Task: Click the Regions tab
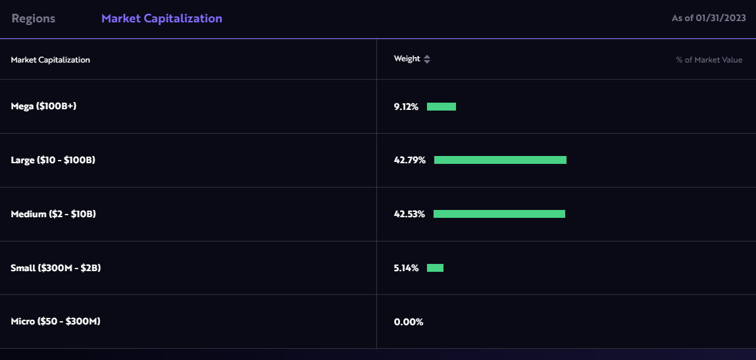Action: click(x=34, y=18)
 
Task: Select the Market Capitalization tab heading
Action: click(x=161, y=18)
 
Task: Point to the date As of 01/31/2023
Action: click(x=709, y=18)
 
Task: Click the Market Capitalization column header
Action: click(x=51, y=60)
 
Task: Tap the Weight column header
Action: click(x=407, y=59)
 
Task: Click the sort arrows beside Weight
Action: click(x=427, y=59)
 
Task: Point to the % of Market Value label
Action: click(x=709, y=60)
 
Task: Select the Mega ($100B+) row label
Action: click(x=44, y=106)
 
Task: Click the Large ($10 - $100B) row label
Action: click(x=53, y=160)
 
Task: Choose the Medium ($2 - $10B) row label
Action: click(x=53, y=214)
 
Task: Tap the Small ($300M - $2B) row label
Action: click(x=56, y=268)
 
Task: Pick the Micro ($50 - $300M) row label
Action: click(x=56, y=322)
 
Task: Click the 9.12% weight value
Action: click(x=406, y=107)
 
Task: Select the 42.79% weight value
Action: click(x=410, y=160)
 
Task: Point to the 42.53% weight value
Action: click(x=409, y=214)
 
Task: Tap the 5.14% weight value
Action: click(x=406, y=268)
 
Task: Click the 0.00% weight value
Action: click(x=409, y=322)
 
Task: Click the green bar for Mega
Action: click(x=441, y=107)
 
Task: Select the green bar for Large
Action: click(x=500, y=160)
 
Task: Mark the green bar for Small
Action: click(x=435, y=268)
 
